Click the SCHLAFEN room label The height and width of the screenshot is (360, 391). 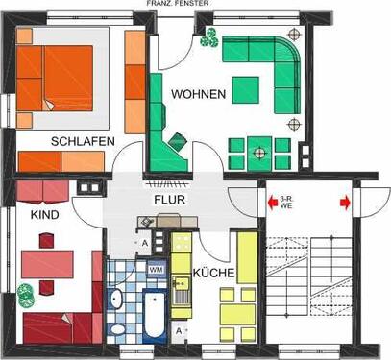pyautogui.click(x=85, y=141)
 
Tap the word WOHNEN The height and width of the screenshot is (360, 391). pyautogui.click(x=199, y=94)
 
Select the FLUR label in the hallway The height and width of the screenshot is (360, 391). pyautogui.click(x=170, y=200)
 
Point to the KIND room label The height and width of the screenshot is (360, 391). pyautogui.click(x=44, y=216)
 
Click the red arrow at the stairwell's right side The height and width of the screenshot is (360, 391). pyautogui.click(x=344, y=203)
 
